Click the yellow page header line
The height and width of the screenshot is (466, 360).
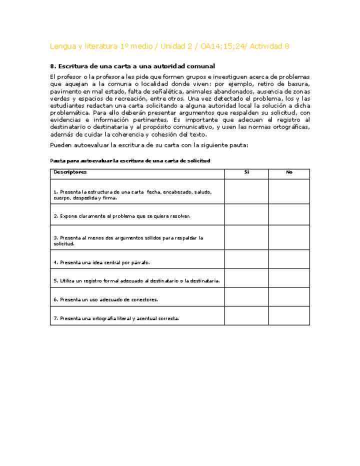coord(169,46)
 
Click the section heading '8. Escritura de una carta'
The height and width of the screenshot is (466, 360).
coord(132,66)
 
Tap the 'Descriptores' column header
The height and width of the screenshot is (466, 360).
coord(70,172)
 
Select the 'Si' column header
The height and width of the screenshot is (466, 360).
coord(246,172)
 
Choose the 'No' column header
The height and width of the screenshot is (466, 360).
coord(289,172)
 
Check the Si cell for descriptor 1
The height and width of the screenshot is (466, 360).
coord(246,191)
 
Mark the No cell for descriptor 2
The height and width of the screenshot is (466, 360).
coord(289,214)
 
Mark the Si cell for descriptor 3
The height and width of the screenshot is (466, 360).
coord(246,237)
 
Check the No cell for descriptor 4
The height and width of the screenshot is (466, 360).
coord(289,260)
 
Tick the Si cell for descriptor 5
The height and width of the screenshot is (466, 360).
coord(246,279)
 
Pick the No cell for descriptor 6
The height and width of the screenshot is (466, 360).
coord(289,297)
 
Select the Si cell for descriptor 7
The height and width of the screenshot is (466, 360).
coord(246,316)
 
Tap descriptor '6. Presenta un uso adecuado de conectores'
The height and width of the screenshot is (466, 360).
coord(106,300)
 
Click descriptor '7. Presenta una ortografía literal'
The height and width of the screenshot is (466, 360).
coord(116,318)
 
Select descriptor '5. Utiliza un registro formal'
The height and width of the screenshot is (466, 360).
coord(136,281)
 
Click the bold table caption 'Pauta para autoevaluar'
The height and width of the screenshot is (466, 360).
coord(130,160)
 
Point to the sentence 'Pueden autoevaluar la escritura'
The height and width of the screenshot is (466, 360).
coord(149,145)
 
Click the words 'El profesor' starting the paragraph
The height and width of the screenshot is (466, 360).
coord(67,77)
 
